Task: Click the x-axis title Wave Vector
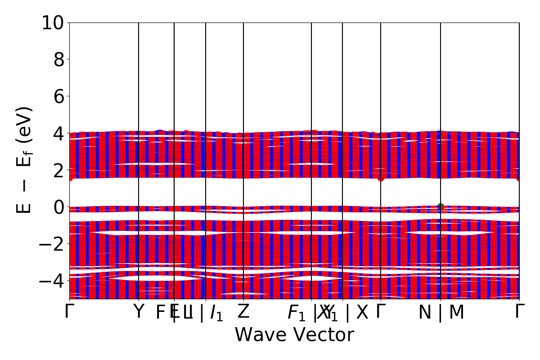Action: pyautogui.click(x=294, y=335)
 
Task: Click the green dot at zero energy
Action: pyautogui.click(x=441, y=207)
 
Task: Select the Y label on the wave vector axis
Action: pyautogui.click(x=139, y=311)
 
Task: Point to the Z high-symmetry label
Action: pyautogui.click(x=243, y=311)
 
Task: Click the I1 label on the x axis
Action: pyautogui.click(x=216, y=313)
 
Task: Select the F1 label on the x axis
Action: pyautogui.click(x=297, y=313)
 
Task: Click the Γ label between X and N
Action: pyautogui.click(x=381, y=311)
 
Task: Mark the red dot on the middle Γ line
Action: pyautogui.click(x=381, y=178)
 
